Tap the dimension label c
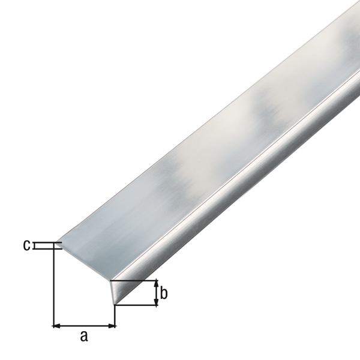(x=26, y=245)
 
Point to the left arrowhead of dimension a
(x=58, y=326)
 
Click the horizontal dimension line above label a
(x=84, y=326)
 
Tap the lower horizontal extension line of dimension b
(x=137, y=305)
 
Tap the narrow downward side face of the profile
(x=240, y=198)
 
